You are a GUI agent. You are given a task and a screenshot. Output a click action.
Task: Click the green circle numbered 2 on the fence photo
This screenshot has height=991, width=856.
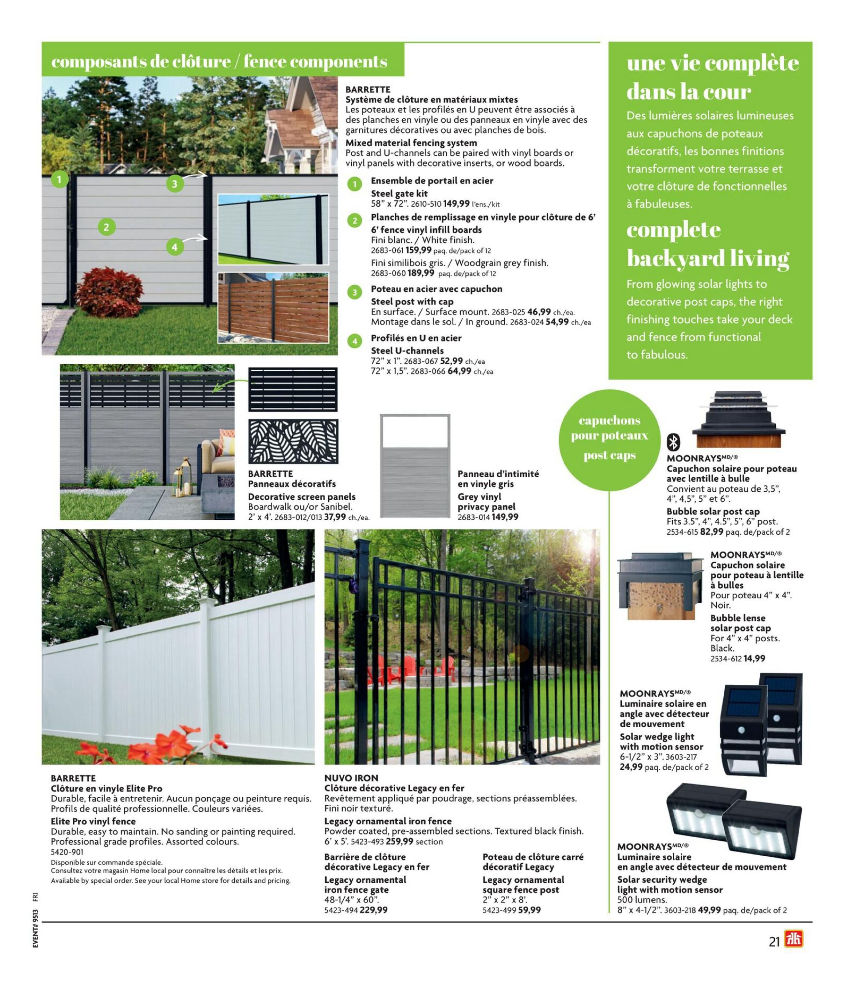point(106,227)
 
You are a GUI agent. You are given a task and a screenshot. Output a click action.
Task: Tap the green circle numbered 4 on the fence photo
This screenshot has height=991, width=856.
point(175,247)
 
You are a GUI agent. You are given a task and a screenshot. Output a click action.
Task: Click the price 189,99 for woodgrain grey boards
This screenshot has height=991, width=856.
point(421,273)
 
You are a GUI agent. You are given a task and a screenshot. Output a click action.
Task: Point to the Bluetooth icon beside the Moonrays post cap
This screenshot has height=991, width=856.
point(674,442)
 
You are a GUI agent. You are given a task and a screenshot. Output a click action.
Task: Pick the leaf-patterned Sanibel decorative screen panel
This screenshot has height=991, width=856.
point(293,441)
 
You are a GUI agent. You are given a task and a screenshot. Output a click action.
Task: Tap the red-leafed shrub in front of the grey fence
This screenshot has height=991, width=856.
point(110,291)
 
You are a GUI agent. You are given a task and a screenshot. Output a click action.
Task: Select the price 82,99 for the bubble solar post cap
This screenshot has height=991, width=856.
point(711,532)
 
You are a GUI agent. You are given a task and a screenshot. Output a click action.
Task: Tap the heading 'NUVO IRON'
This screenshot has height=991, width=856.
point(351,778)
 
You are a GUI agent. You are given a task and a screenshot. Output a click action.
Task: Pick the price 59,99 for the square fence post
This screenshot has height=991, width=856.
point(530,910)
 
